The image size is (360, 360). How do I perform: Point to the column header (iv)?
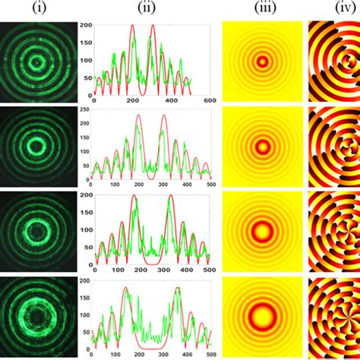(x=334, y=8)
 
